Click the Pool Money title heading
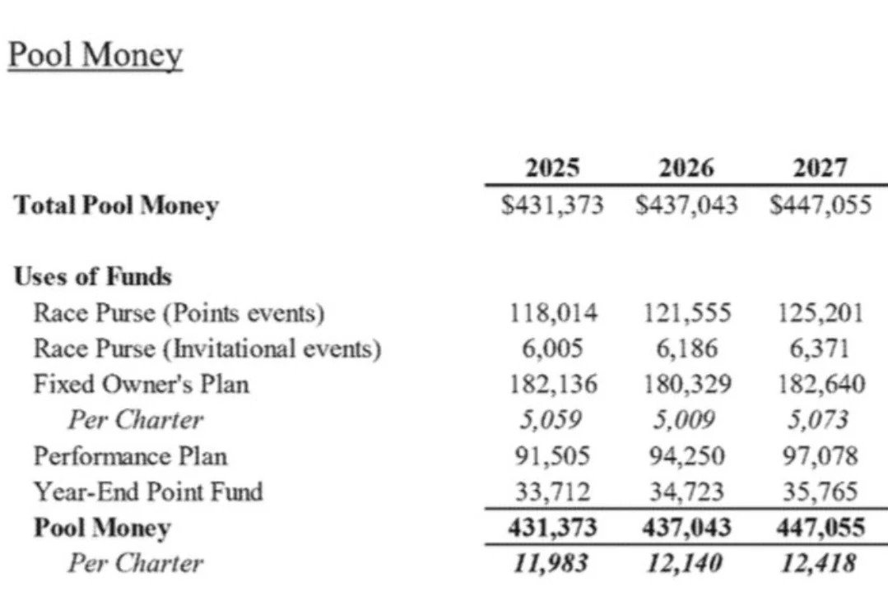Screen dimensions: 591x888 [x=95, y=55]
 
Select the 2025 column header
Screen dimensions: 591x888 [x=552, y=169]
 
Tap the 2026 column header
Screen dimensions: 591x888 [x=686, y=169]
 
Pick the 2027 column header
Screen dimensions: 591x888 [x=820, y=169]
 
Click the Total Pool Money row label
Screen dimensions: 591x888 [x=116, y=205]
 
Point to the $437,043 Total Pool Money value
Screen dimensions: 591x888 [x=686, y=205]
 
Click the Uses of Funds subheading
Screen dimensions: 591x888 [x=92, y=277]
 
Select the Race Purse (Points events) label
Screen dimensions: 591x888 [x=179, y=313]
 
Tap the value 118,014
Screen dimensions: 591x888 [x=552, y=313]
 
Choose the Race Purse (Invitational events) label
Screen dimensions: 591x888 [x=207, y=349]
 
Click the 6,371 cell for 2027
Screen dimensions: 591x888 [x=820, y=349]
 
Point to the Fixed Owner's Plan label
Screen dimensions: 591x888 [x=141, y=384]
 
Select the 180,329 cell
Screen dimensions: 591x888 [x=686, y=384]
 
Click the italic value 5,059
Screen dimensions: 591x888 [x=552, y=420]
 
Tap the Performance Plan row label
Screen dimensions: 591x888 [x=130, y=455]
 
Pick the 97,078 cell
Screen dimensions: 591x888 [x=820, y=455]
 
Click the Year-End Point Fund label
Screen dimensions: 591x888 [x=148, y=492]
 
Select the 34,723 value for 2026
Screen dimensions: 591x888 [x=686, y=492]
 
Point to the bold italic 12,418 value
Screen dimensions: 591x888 [x=820, y=563]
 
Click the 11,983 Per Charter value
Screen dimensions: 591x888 [x=552, y=563]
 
